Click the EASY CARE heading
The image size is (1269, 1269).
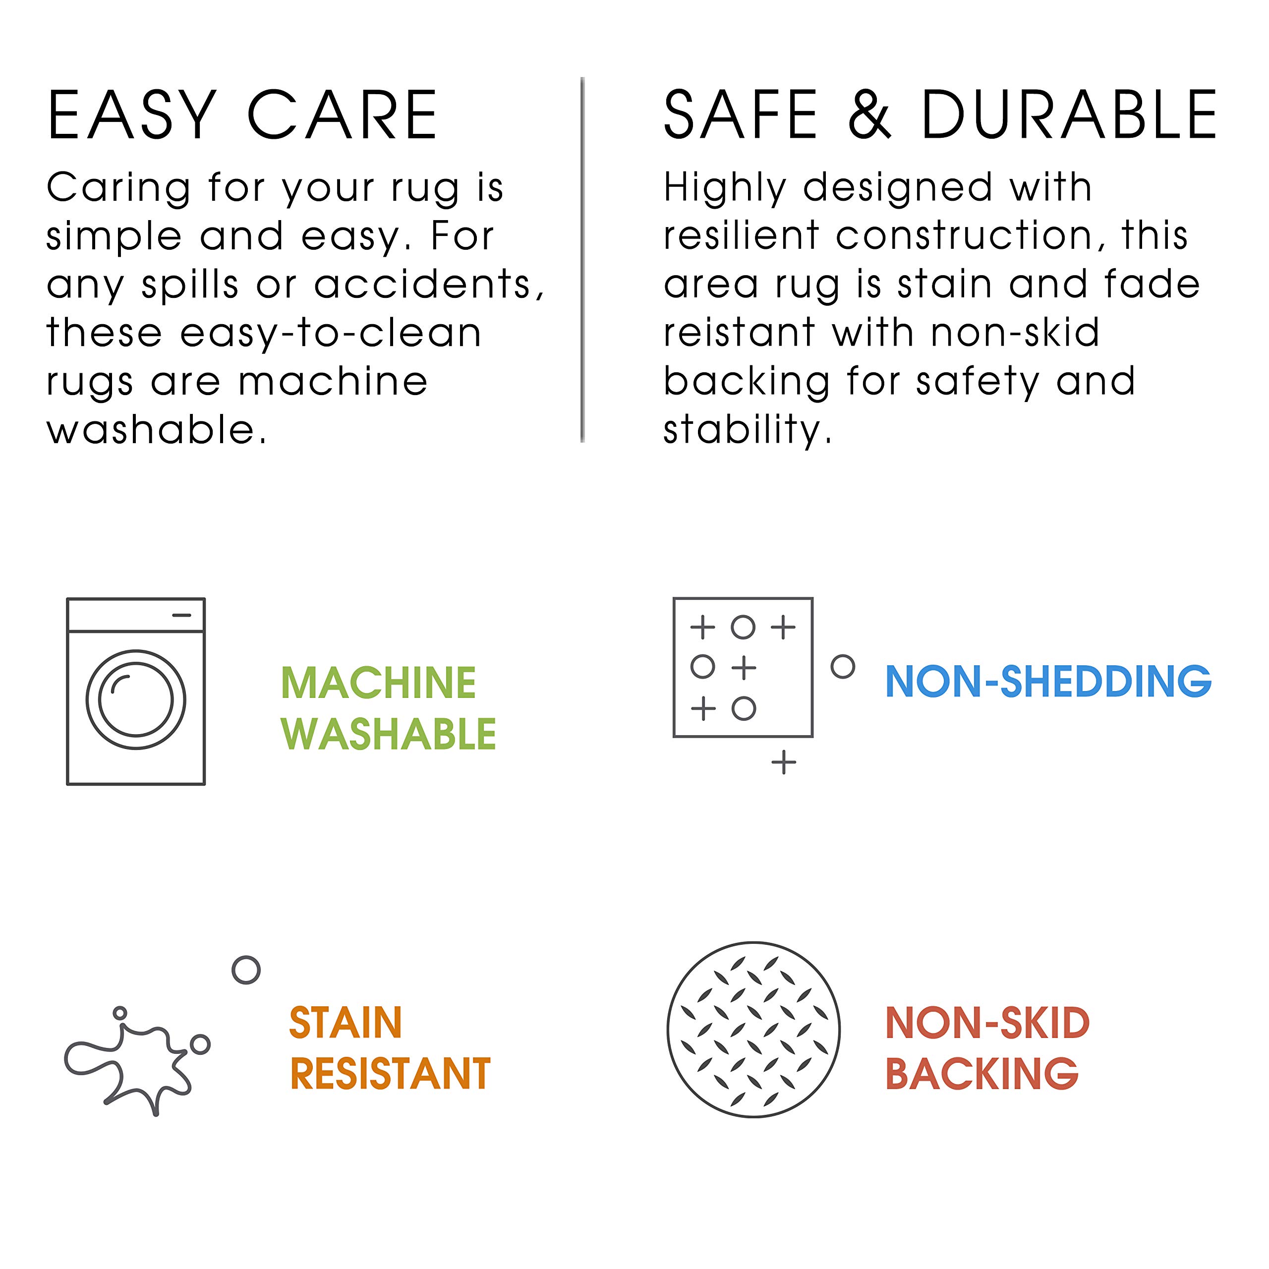[242, 115]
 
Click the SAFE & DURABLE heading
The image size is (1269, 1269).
[940, 115]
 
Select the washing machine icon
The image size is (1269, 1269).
[136, 691]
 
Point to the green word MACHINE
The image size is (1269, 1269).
[378, 683]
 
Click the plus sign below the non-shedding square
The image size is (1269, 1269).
[784, 762]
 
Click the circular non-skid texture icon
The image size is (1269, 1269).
[753, 1029]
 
